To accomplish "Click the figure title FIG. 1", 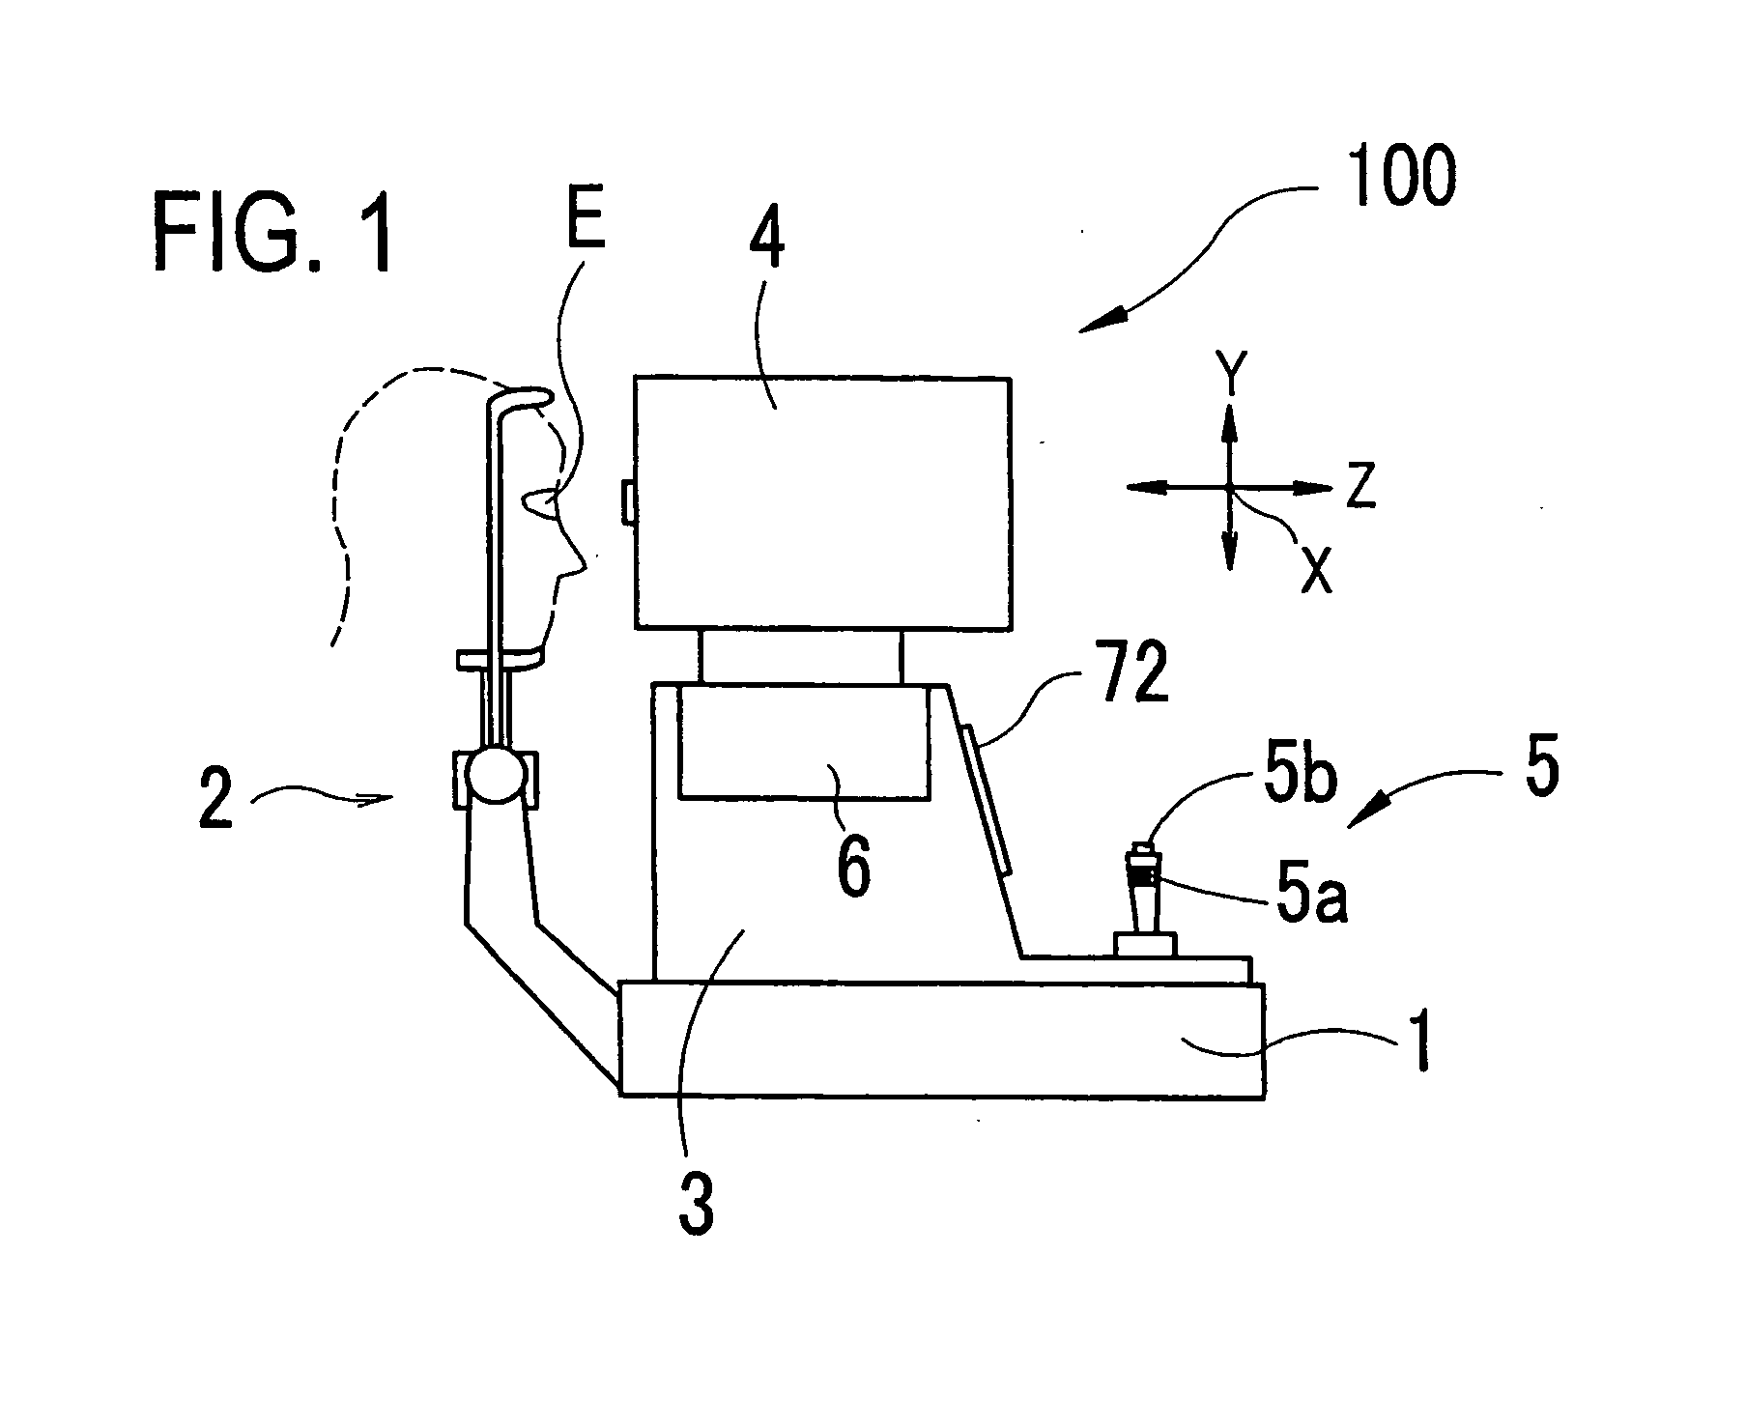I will (x=273, y=232).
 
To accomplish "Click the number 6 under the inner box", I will (x=851, y=867).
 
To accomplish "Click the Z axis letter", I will (x=1361, y=488).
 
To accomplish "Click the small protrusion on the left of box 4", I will (x=627, y=504).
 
